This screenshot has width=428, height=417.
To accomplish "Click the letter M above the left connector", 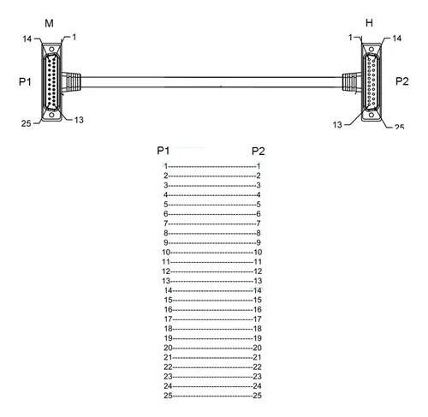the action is click(49, 23).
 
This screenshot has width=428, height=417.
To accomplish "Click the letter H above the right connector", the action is click(369, 23).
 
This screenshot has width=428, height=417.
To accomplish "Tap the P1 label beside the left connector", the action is click(25, 82).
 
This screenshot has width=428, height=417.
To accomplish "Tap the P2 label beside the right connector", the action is click(402, 81).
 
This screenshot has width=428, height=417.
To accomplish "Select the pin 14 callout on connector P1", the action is click(27, 39).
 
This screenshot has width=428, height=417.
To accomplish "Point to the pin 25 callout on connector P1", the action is click(26, 123).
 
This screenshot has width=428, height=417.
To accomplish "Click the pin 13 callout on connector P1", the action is click(79, 120).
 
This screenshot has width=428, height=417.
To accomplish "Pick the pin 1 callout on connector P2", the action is click(351, 38).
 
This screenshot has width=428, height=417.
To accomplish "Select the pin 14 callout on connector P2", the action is click(397, 39).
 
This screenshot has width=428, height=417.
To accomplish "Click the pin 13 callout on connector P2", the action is click(337, 125).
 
